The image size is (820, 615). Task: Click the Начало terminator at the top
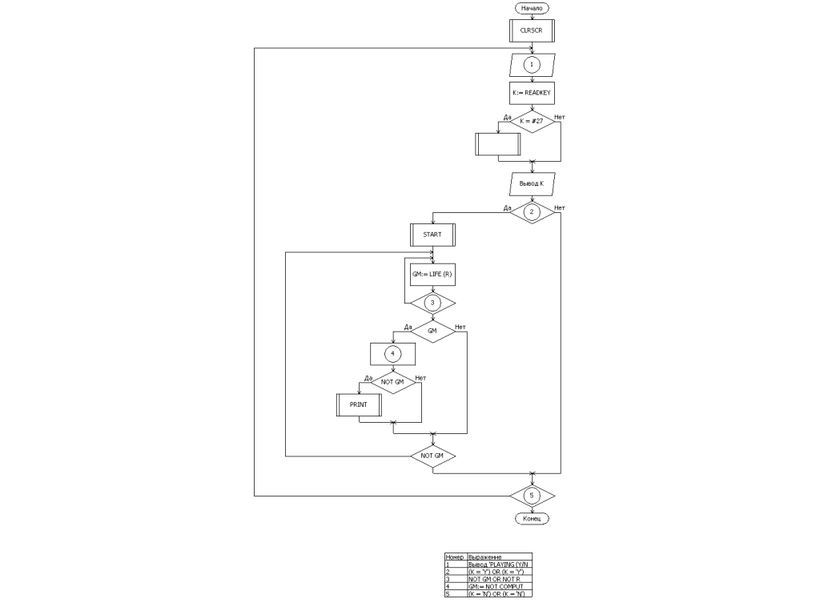[x=532, y=8]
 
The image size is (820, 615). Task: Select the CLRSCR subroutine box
[x=532, y=30]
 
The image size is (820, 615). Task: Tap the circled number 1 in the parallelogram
[x=532, y=63]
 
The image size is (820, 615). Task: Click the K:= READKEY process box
[x=532, y=93]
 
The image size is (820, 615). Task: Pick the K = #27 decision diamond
[x=532, y=122]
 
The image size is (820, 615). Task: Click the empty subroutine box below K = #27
[x=498, y=143]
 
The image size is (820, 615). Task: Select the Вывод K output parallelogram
[x=532, y=183]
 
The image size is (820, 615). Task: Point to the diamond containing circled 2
[x=532, y=212]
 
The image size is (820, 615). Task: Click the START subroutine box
[x=432, y=235]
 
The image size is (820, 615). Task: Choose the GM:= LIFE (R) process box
[x=432, y=274]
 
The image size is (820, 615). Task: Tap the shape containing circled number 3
[x=432, y=303]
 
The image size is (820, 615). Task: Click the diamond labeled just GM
[x=432, y=331]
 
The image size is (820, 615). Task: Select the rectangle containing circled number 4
[x=392, y=353]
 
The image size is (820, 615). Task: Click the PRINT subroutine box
[x=359, y=404]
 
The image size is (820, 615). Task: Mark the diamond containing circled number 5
[x=532, y=496]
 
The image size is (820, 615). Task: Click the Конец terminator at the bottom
[x=532, y=518]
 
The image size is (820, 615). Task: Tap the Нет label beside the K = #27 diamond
[x=559, y=118]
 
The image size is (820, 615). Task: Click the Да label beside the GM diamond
[x=408, y=327]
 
